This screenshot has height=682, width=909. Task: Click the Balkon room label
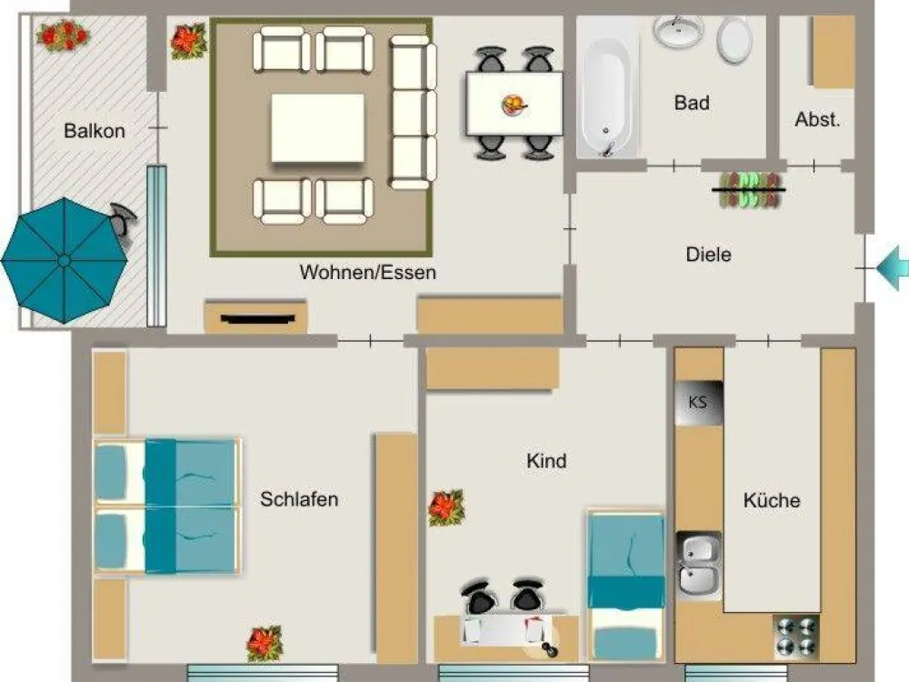(95, 131)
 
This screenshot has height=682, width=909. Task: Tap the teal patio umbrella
(64, 260)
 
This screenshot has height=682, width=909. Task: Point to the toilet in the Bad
(734, 39)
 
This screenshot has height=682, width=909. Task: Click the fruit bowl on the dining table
(514, 105)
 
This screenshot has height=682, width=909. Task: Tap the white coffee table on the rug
(317, 128)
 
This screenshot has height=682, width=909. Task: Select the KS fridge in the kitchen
(698, 403)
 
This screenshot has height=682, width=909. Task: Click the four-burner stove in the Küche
(796, 637)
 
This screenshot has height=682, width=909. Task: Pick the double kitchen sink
(699, 566)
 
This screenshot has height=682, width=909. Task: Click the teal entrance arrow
(893, 268)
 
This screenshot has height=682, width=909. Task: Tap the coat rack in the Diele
(749, 190)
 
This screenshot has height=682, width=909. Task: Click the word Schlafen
(299, 499)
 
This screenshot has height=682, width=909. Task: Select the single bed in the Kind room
(625, 585)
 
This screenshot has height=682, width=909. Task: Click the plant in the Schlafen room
(265, 643)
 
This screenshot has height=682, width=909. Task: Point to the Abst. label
(817, 119)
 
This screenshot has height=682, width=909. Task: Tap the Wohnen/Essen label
(367, 273)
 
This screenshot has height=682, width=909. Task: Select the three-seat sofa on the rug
(413, 112)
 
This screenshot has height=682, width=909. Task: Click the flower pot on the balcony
(63, 35)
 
